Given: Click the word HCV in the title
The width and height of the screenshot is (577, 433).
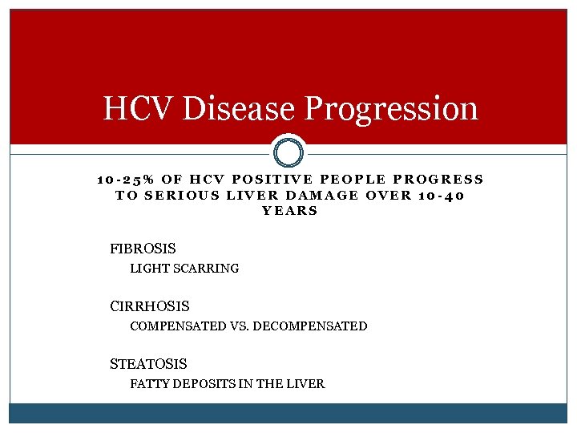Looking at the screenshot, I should click(x=139, y=108).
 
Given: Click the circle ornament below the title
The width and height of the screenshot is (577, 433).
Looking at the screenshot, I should click(x=288, y=152).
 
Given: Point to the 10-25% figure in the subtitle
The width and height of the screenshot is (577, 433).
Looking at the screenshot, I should click(x=122, y=180).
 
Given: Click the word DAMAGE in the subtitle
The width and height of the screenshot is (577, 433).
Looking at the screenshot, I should click(x=324, y=195).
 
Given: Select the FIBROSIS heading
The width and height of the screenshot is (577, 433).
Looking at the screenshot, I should click(x=143, y=249).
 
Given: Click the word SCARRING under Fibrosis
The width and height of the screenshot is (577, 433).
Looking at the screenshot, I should click(x=210, y=269).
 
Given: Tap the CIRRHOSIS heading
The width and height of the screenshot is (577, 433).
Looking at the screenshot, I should click(x=150, y=306).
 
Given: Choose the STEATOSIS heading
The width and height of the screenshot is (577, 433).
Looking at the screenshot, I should click(x=148, y=364).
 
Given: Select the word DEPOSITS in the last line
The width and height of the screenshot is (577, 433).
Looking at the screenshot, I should click(x=200, y=384).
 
